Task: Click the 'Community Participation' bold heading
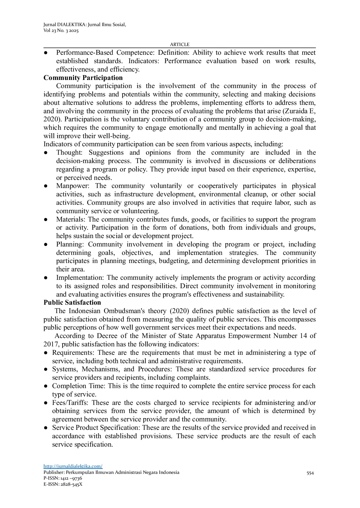coord(83,78)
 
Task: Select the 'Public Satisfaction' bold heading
coord(72,302)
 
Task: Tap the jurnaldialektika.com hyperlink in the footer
coord(73,466)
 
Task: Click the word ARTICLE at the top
coord(180,44)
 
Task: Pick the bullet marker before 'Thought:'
coord(46,153)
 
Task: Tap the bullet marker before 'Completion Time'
coord(46,386)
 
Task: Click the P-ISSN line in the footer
coord(63,478)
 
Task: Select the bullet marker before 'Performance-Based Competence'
coord(46,53)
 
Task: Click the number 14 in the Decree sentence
coord(302,336)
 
